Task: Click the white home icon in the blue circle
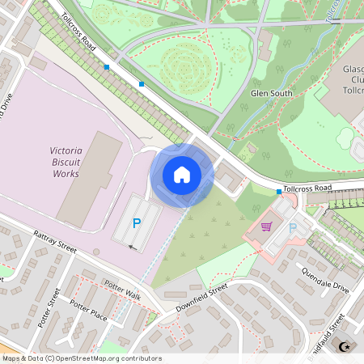(182, 175)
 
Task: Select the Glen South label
(271, 93)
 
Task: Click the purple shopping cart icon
(267, 227)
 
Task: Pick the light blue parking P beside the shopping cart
(292, 229)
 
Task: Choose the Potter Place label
(89, 308)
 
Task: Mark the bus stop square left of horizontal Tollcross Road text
(279, 192)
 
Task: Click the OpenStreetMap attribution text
(82, 358)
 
